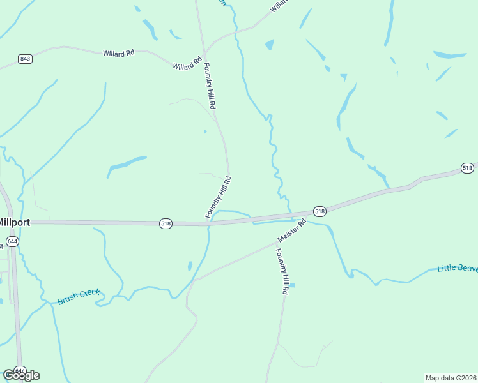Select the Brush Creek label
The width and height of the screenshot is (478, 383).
79,296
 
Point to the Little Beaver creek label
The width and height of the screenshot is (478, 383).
458,268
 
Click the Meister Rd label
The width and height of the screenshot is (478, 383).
292,230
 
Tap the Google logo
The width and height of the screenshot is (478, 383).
21,375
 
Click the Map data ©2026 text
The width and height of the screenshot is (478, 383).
451,377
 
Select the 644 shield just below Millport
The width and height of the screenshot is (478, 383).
13,242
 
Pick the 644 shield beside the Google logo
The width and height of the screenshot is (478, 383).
20,371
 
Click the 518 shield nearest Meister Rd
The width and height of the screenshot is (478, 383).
320,211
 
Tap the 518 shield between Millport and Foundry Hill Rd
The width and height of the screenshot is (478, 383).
166,223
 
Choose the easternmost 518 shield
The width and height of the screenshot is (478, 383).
467,168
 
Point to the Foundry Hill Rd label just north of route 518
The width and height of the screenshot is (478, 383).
218,198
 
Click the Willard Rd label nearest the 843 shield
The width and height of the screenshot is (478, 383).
118,54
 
